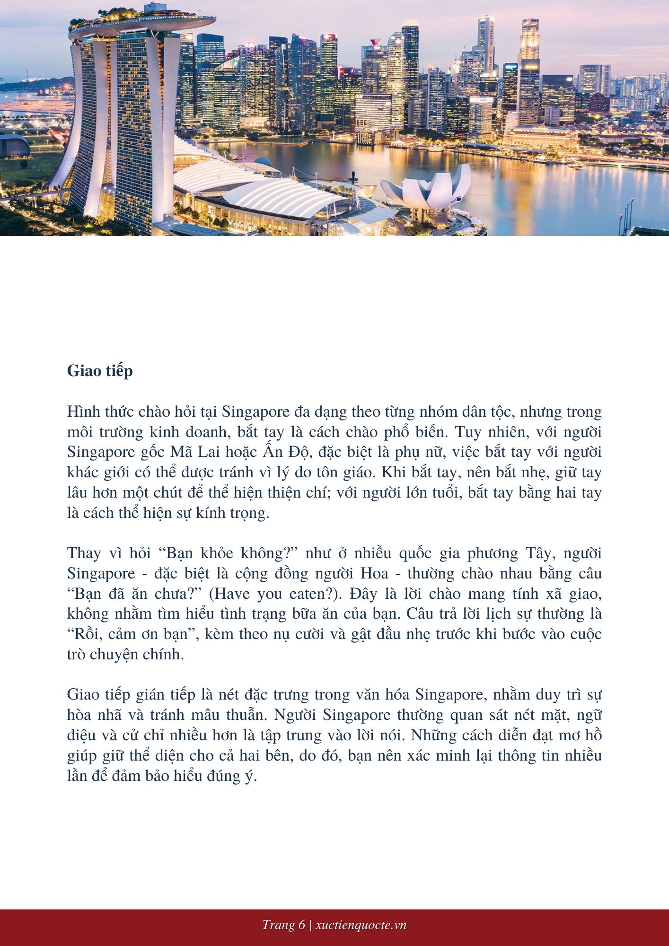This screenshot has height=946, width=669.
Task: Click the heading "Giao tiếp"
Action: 100,371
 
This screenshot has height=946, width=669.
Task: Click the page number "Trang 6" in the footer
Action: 283,925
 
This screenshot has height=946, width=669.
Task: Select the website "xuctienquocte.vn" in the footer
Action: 361,925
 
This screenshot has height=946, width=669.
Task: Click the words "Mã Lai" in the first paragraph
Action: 192,452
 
